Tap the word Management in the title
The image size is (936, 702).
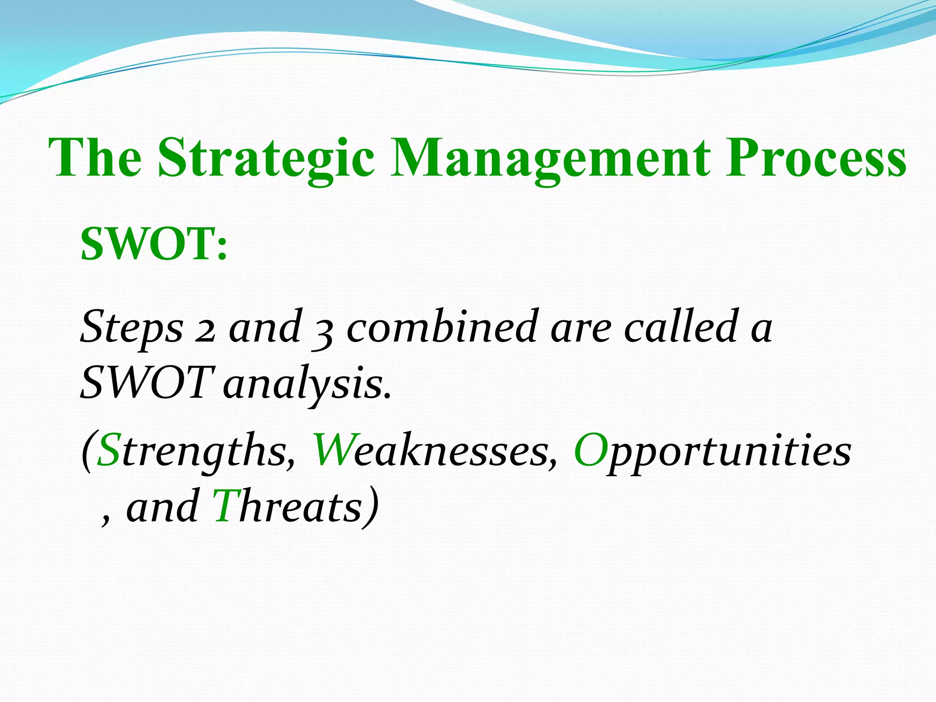551,159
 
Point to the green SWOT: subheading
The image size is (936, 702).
154,245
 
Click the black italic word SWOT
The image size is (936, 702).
145,383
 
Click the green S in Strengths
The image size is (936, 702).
109,451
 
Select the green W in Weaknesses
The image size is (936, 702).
333,451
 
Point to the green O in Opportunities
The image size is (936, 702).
590,451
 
